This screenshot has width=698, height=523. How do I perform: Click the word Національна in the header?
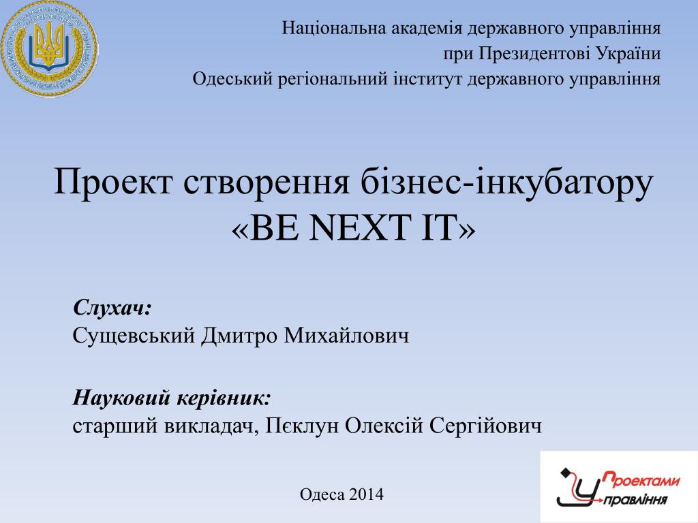coord(334,28)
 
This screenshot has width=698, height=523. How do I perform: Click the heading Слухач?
coord(112,307)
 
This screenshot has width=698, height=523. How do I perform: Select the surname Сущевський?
coord(134,335)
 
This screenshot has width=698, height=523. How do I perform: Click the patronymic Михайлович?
coord(346,335)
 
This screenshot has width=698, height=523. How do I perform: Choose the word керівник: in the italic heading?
coord(224,398)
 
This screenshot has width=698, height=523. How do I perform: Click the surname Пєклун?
coord(302,426)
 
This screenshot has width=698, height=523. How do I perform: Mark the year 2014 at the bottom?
coord(366,494)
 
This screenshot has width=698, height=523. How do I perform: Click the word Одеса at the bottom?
coord(322,494)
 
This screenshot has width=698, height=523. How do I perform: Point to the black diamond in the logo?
coord(565,472)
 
